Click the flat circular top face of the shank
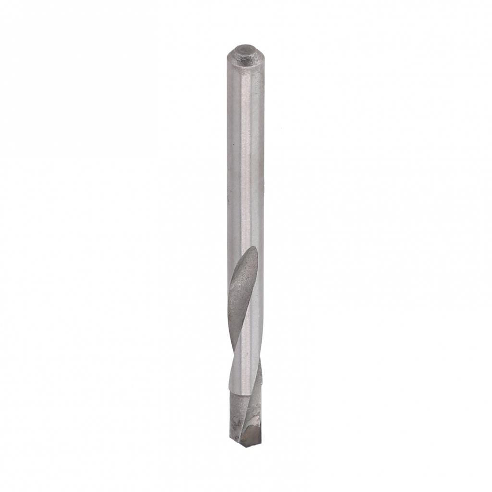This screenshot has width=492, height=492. pos(245,49)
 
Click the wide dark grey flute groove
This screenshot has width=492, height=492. pos(240,293)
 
